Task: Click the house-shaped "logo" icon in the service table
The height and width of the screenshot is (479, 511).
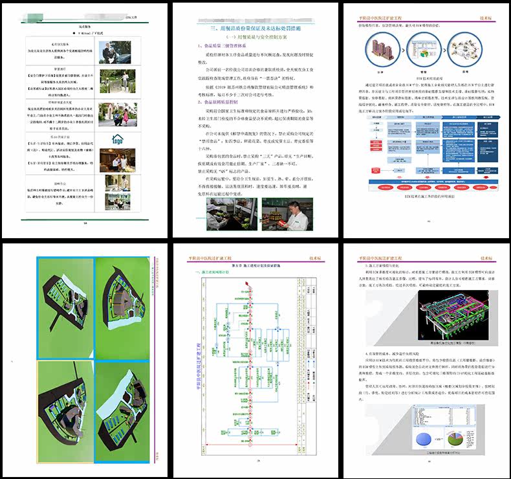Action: pos(117,140)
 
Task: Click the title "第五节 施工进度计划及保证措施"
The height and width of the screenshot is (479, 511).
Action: pos(255,266)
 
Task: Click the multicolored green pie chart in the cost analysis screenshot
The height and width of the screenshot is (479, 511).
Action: pos(477,434)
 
